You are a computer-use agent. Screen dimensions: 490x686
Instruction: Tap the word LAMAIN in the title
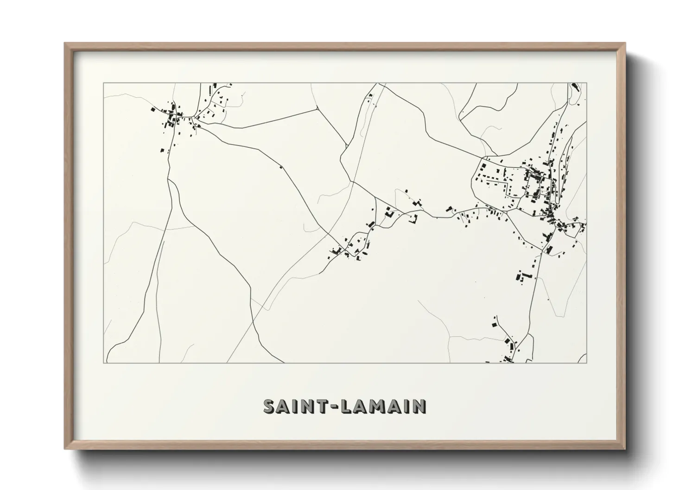[385, 406]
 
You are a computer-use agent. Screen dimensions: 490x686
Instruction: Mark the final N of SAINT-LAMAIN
[419, 406]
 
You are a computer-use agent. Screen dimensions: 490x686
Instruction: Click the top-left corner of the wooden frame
[65, 44]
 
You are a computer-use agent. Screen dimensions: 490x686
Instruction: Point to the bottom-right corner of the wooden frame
[625, 449]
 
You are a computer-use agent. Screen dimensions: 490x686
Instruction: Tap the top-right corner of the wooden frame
[625, 44]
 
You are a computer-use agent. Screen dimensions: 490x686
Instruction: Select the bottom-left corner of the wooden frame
[65, 449]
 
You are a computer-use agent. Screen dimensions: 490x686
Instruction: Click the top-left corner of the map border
[103, 83]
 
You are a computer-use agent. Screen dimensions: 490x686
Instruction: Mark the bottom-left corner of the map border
[103, 363]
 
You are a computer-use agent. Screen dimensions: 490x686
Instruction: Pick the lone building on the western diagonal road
[280, 167]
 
